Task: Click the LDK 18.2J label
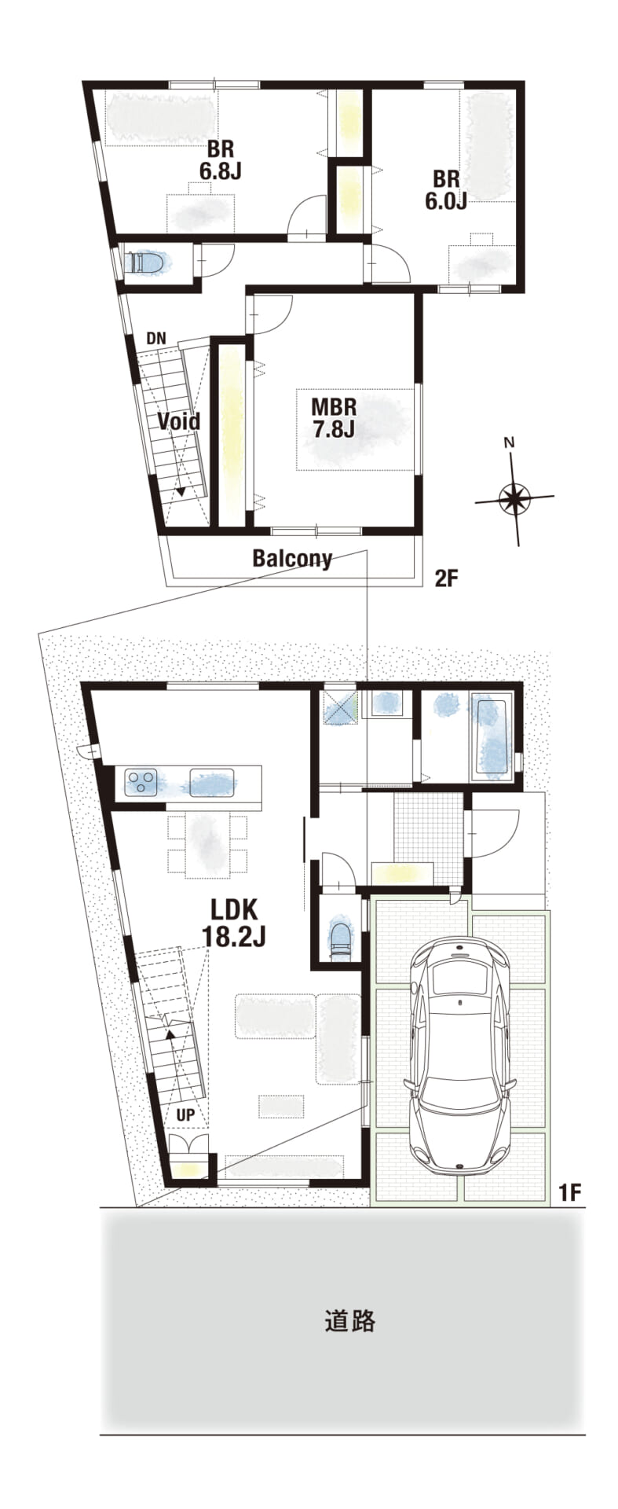point(234,923)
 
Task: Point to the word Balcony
point(292,559)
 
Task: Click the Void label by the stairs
point(178,421)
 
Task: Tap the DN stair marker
point(156,339)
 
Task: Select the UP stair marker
point(185,1114)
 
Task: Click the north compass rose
point(514,496)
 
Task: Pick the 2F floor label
point(446,579)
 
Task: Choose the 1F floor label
point(569,1192)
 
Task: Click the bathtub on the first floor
point(492,736)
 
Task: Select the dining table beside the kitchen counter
point(207,845)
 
